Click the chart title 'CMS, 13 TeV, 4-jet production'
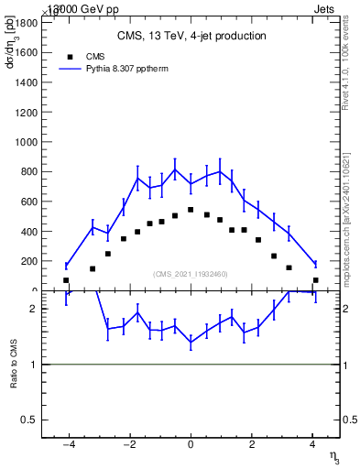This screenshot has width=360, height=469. (x=191, y=37)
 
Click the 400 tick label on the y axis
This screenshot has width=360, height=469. (x=31, y=232)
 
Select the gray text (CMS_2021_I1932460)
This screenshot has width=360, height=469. (x=191, y=274)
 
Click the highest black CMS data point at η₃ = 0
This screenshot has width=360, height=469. (x=191, y=210)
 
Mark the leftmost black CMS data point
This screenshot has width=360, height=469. (x=66, y=280)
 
